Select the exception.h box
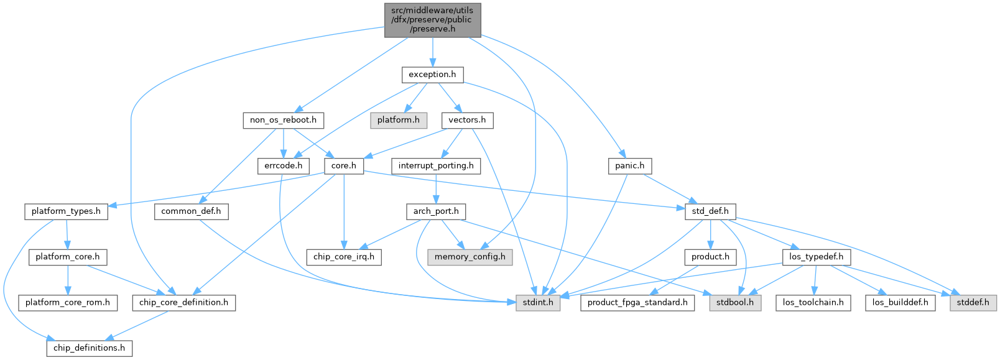click(432, 75)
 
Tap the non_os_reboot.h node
click(283, 120)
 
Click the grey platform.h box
click(399, 120)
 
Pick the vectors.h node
click(467, 120)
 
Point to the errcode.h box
click(283, 166)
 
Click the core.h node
click(344, 166)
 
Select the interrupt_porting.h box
click(436, 166)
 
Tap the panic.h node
click(629, 166)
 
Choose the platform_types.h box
click(66, 211)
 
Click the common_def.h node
click(191, 211)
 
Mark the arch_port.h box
click(436, 211)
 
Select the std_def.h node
click(710, 211)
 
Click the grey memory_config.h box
click(470, 257)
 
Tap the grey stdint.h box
click(538, 303)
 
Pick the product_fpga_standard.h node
click(637, 303)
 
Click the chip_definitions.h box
click(89, 348)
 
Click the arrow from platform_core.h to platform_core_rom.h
click(67, 280)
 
